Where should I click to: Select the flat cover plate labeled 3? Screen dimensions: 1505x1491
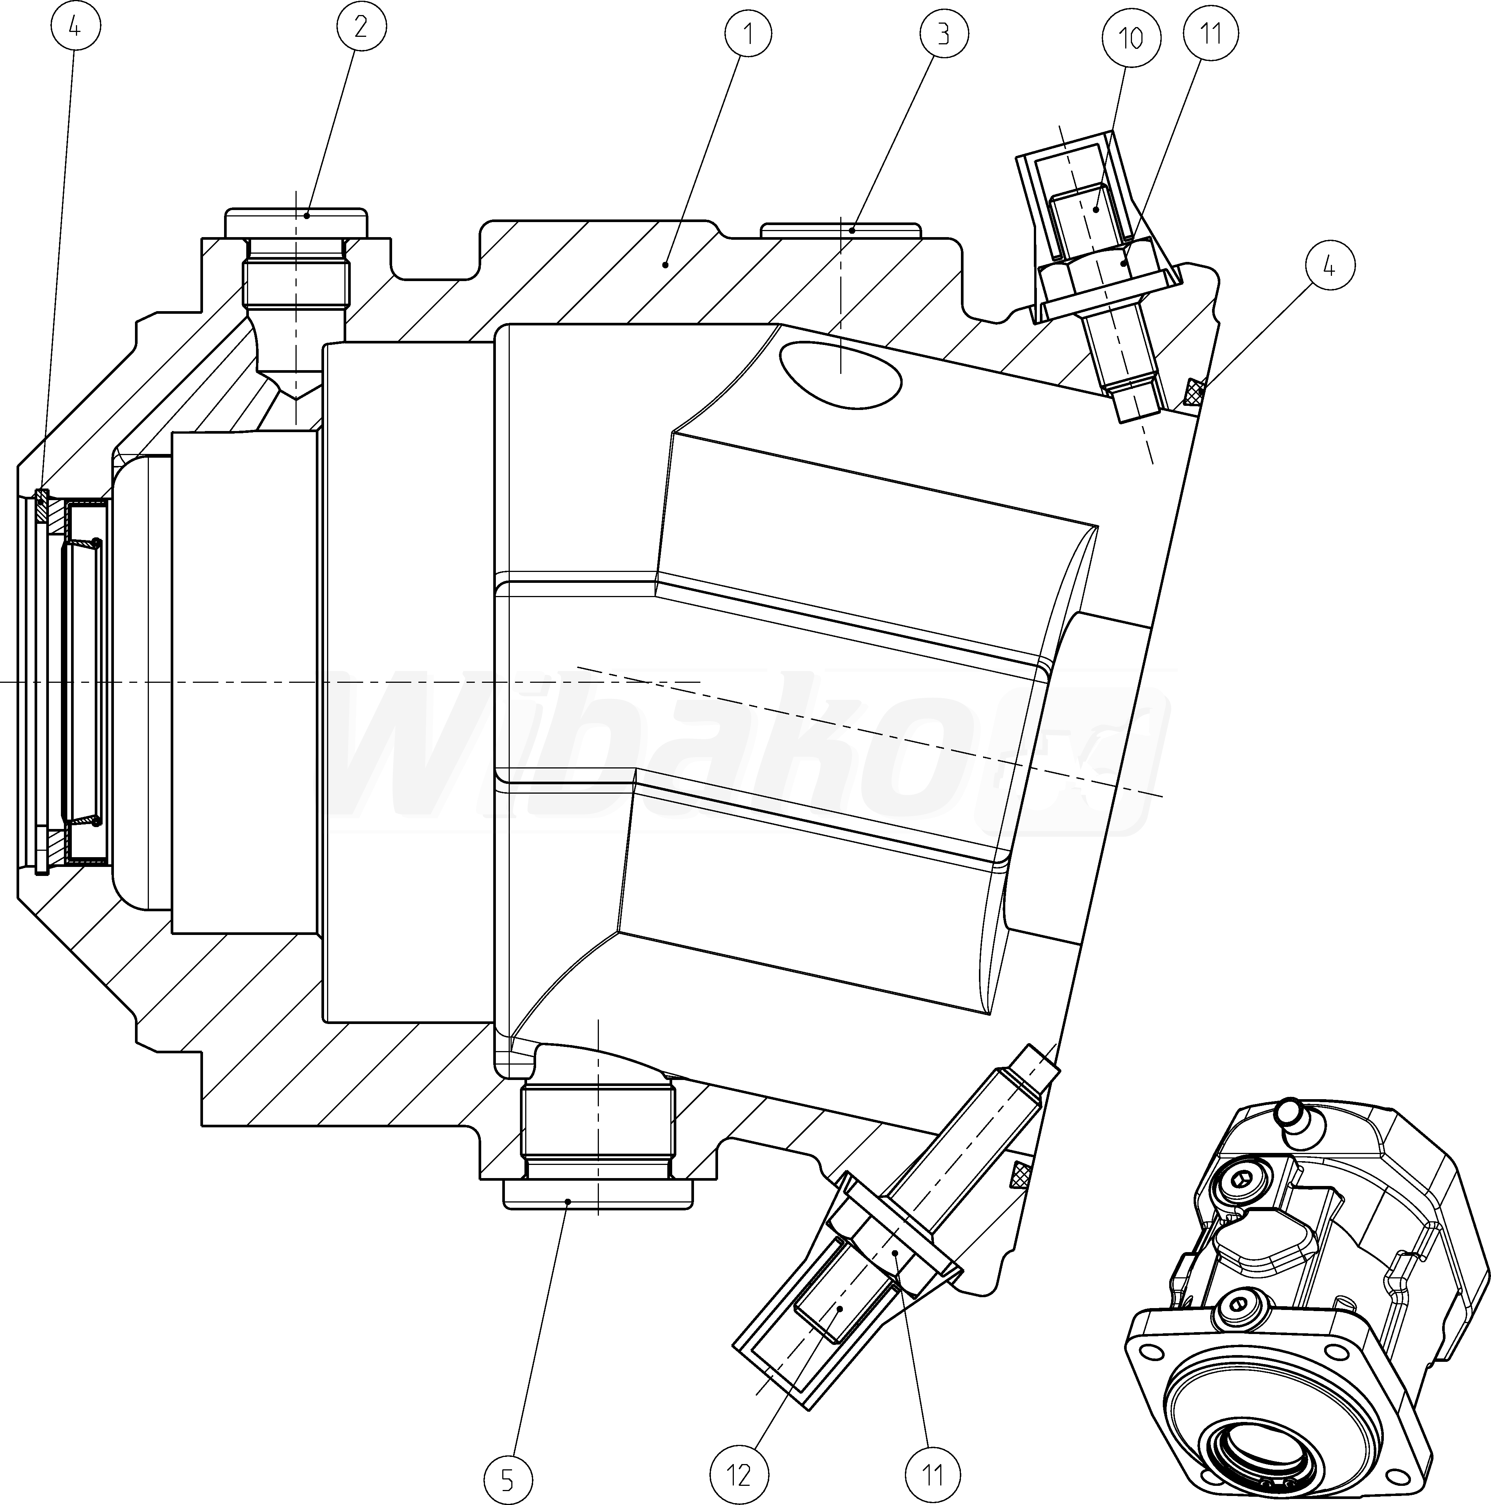tap(841, 231)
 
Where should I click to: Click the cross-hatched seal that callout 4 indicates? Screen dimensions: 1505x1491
tap(1193, 392)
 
